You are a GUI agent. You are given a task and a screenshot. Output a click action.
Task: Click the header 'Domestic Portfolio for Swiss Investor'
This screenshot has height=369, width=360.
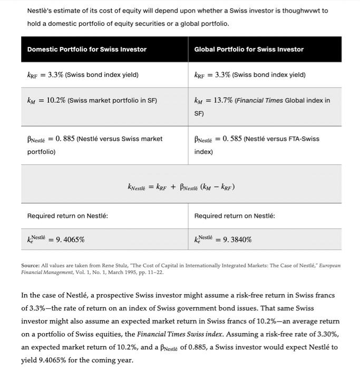pos(87,49)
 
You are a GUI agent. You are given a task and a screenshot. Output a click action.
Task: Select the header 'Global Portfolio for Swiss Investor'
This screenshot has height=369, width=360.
pos(249,49)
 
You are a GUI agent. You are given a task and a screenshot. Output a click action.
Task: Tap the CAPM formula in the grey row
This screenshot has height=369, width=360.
pos(181,186)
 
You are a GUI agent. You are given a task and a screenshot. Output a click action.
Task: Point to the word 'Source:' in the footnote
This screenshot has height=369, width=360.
pos(31,266)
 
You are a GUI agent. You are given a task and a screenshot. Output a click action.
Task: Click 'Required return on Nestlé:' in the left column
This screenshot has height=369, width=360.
pos(67,216)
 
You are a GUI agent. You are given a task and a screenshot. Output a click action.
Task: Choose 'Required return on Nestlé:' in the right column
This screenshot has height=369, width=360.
pos(235,216)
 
